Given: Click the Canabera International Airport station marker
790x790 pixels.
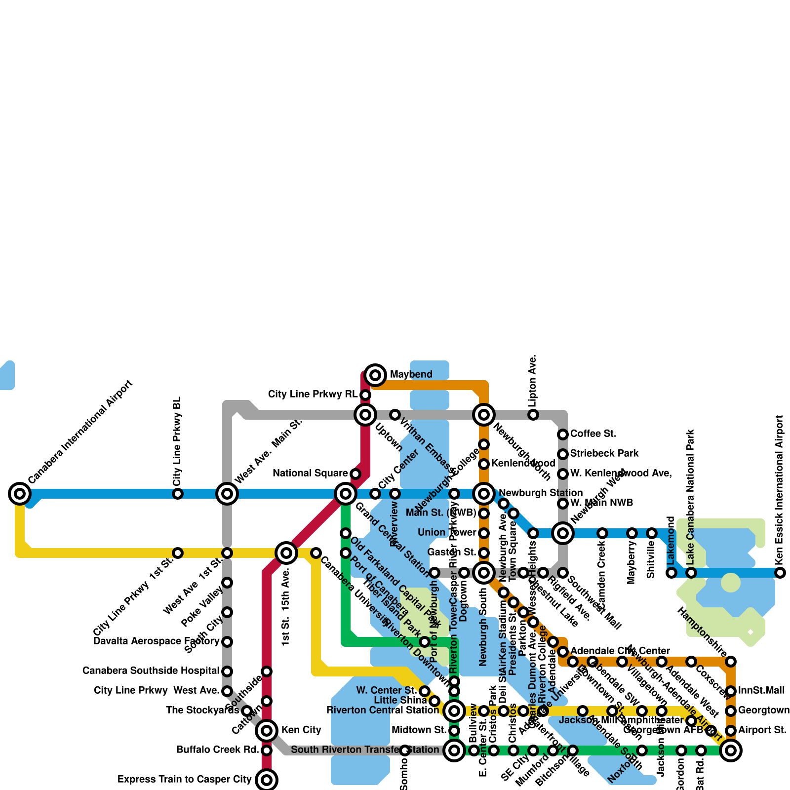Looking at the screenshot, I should click(20, 493).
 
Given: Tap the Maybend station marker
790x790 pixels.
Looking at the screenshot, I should click(375, 375).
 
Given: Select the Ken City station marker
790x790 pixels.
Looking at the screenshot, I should click(267, 730).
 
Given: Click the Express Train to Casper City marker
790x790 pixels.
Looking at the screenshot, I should click(267, 780).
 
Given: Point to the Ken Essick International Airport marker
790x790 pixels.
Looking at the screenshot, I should click(780, 573).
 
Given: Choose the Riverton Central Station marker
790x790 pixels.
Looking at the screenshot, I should click(454, 711).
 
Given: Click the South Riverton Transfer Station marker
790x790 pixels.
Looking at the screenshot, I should click(454, 750).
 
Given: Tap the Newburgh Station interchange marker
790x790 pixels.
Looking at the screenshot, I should click(484, 493).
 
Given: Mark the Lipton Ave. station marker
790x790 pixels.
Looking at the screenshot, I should click(533, 414).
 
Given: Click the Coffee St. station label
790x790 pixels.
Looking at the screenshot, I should click(593, 434).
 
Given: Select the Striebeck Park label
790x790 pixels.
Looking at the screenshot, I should click(604, 453).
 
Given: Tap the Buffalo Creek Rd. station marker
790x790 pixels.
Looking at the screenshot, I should click(267, 750).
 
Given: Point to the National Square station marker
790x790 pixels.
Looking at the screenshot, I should click(355, 474).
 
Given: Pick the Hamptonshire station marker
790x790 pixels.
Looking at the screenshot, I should click(731, 662).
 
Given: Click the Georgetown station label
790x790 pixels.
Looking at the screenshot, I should click(763, 710).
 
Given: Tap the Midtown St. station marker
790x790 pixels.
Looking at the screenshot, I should click(454, 731).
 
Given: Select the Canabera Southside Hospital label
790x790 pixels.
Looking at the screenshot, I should click(151, 671).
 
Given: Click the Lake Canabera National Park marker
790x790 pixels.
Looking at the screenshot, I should click(691, 573).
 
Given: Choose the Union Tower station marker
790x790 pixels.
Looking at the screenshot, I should click(484, 533).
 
